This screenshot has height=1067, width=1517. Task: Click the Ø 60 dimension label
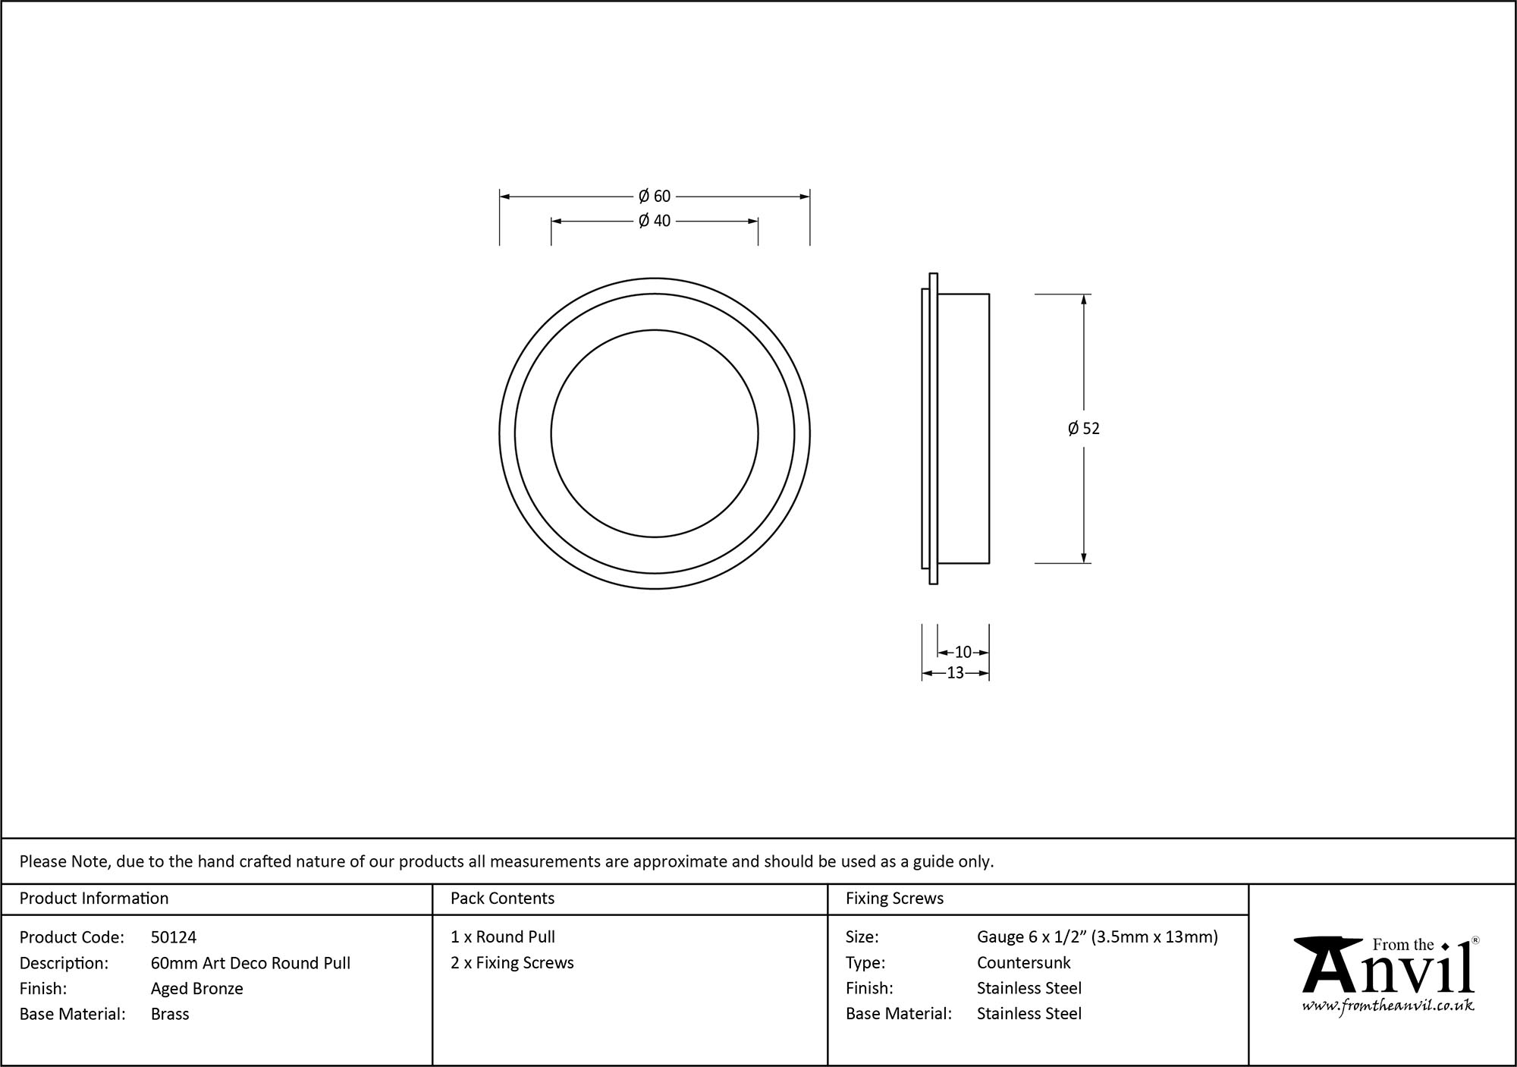655,197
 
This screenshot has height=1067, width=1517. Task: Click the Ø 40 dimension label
655,221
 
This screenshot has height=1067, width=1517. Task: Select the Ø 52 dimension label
1083,429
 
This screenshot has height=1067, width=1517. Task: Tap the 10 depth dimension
963,652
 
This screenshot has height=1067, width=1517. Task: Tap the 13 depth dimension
955,672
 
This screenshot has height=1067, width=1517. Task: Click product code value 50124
174,937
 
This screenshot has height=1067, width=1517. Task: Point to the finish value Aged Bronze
197,988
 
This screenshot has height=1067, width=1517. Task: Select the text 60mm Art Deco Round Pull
250,963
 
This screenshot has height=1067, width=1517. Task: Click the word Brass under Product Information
170,1014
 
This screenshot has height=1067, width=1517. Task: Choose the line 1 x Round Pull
503,937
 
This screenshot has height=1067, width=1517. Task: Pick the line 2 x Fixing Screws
512,962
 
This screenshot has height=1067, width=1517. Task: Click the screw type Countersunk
1023,962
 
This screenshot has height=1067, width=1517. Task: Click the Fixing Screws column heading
894,899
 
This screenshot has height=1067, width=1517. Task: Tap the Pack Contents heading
502,899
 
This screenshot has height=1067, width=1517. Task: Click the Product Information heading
94,899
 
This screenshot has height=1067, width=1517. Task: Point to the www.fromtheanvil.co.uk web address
1388,1006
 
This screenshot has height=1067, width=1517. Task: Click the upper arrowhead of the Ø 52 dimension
1083,299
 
